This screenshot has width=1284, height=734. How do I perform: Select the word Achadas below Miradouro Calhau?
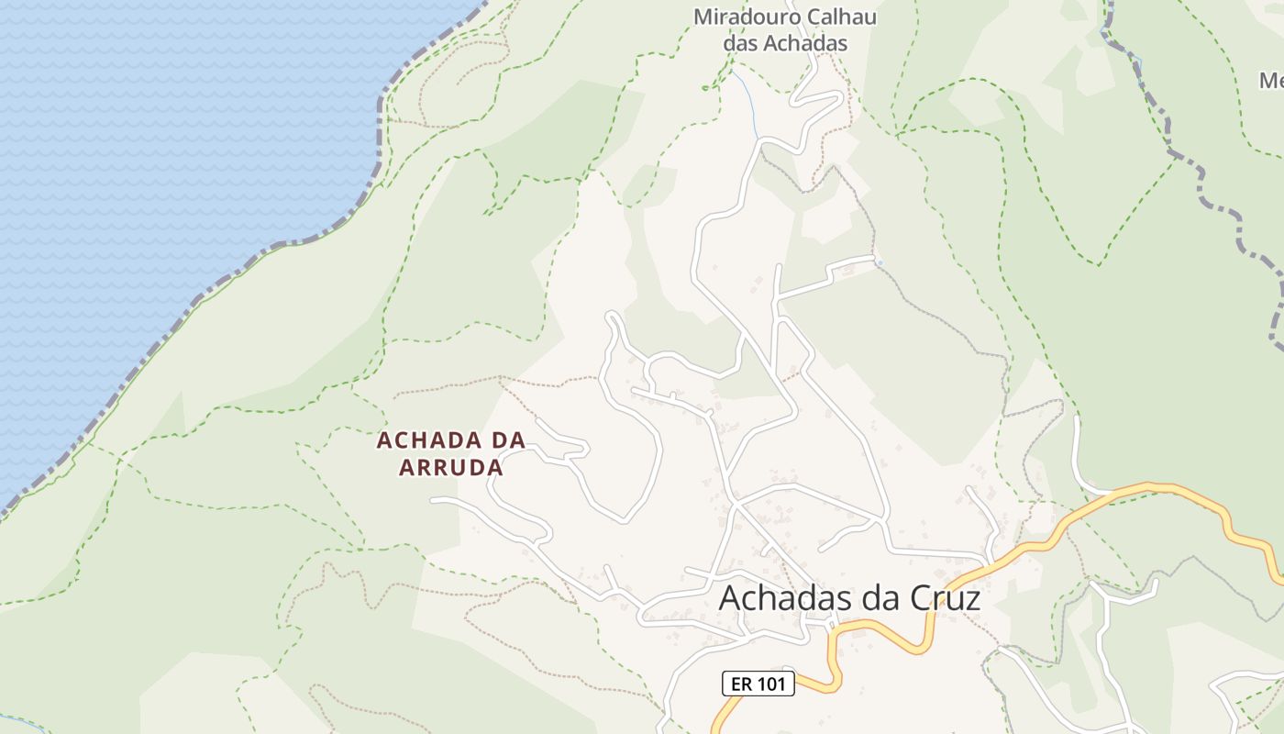point(806,43)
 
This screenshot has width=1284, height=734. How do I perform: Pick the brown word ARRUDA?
point(451,468)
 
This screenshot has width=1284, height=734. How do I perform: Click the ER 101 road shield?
point(758,683)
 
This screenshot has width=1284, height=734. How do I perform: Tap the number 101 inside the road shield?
point(771,683)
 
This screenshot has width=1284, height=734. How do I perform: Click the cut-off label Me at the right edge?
point(1271,81)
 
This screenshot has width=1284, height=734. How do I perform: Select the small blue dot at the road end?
point(879,263)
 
